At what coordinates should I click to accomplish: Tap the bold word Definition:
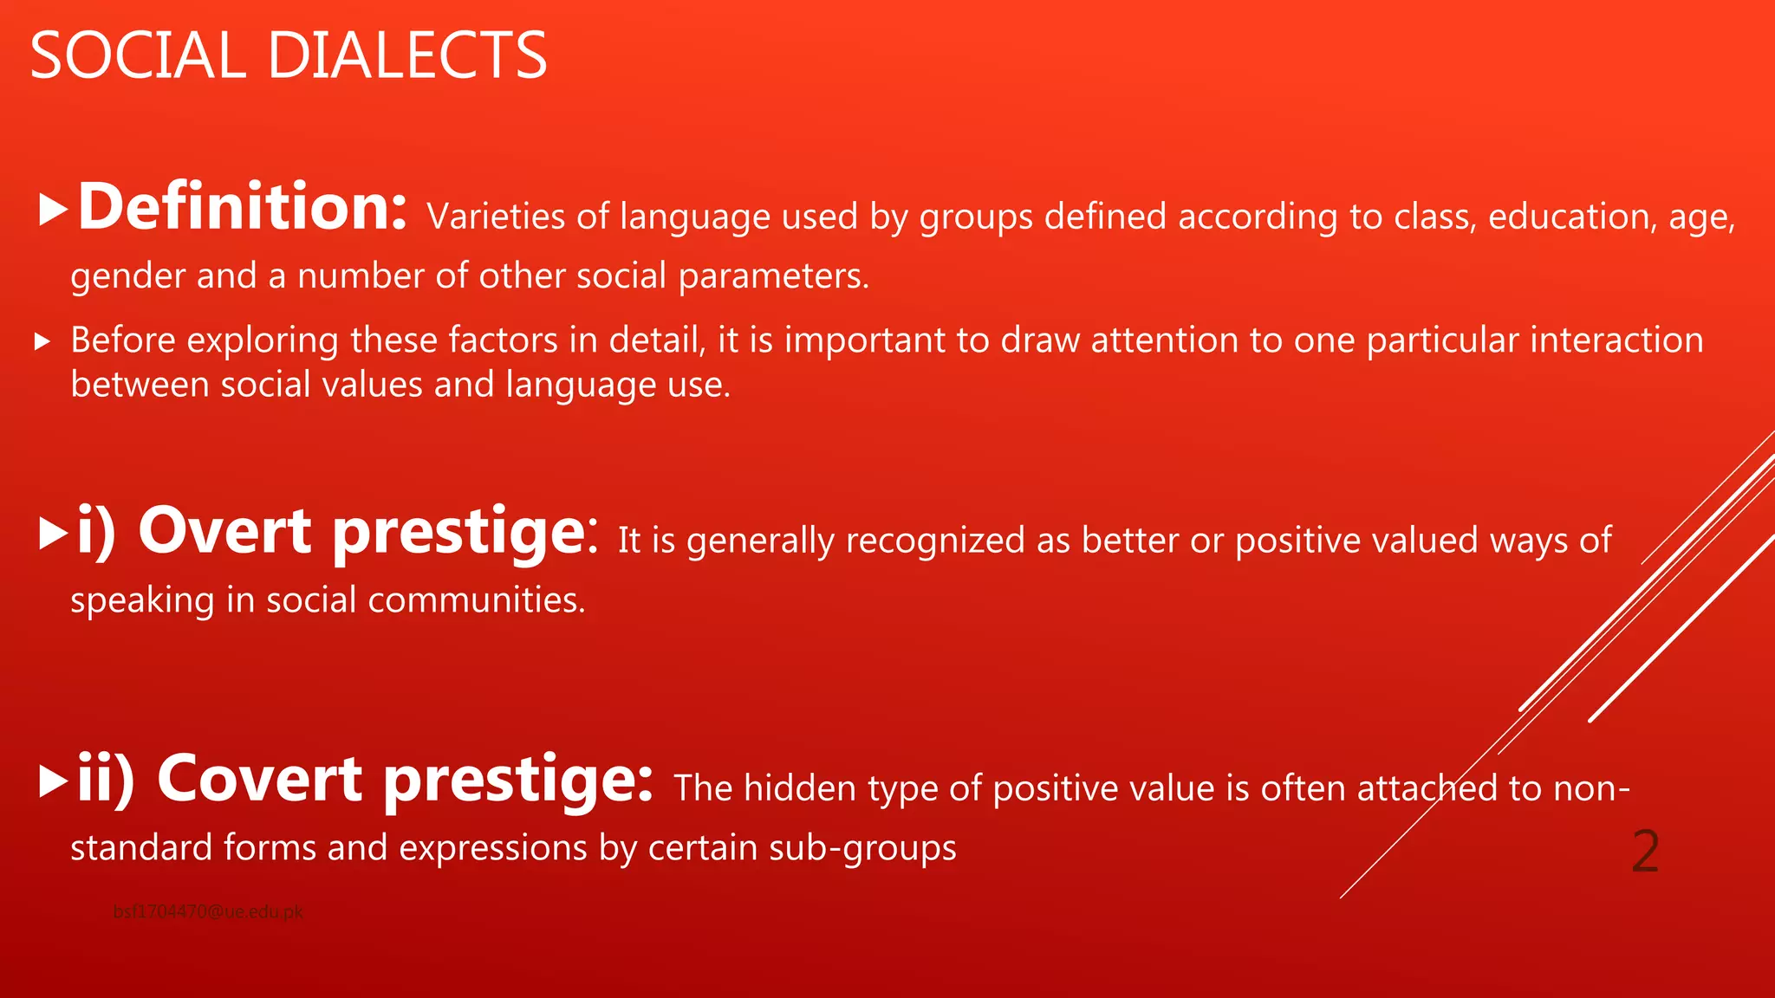[242, 208]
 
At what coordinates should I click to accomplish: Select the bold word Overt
[224, 531]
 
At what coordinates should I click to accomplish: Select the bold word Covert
[259, 779]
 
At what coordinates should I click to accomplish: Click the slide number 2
[1644, 852]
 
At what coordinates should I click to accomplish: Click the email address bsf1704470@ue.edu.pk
[208, 911]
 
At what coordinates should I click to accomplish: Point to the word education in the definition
[1565, 217]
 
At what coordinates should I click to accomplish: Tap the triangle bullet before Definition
[54, 211]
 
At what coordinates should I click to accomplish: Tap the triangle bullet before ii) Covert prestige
[54, 781]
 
